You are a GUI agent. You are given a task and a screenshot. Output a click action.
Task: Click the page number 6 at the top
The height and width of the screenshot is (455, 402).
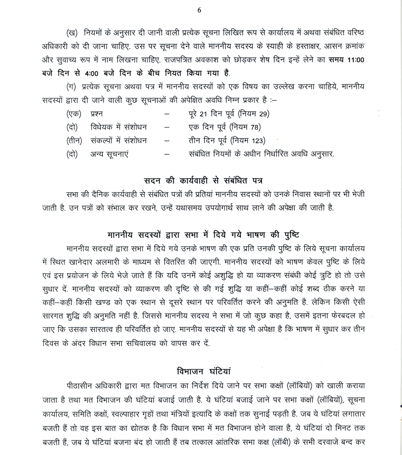coord(200,10)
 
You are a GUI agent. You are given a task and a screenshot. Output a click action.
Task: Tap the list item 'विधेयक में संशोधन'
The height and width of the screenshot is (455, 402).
coord(118,128)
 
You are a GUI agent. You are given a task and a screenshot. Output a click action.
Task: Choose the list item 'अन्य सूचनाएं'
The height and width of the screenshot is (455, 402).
coord(111,154)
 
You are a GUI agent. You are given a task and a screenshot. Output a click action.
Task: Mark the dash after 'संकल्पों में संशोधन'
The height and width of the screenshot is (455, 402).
coord(167,141)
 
